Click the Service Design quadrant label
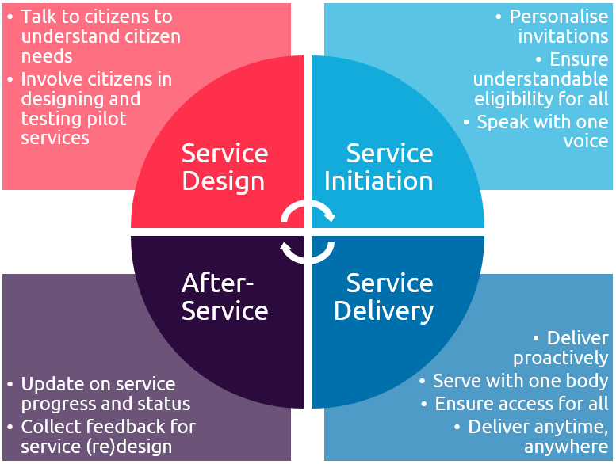(x=224, y=166)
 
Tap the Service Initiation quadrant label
(x=378, y=166)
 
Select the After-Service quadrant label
(x=224, y=296)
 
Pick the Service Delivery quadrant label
(x=384, y=296)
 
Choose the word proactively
(x=560, y=358)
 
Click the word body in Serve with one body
(x=587, y=381)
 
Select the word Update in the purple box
(x=47, y=384)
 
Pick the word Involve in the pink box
(x=48, y=78)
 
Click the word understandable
(x=540, y=78)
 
